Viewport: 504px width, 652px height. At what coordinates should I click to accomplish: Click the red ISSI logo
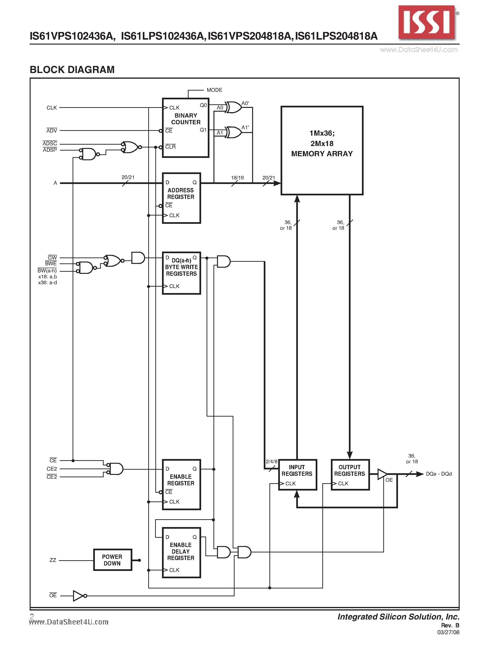click(427, 23)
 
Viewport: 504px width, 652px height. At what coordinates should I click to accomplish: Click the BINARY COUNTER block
click(185, 128)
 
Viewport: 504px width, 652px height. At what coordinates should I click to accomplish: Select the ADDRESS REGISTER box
click(181, 198)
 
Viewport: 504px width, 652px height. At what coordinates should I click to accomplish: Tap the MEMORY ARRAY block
click(322, 150)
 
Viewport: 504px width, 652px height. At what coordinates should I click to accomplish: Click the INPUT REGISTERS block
click(297, 474)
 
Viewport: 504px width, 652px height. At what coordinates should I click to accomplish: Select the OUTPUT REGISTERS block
click(350, 474)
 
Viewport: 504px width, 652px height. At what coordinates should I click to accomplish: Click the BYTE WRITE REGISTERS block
click(181, 273)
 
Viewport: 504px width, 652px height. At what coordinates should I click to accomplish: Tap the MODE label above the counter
click(214, 90)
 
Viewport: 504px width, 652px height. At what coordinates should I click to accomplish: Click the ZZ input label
click(53, 560)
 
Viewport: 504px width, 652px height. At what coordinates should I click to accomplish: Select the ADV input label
click(52, 130)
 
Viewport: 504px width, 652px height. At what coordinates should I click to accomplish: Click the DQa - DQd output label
click(439, 474)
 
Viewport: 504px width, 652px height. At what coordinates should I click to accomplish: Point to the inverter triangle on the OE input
click(79, 596)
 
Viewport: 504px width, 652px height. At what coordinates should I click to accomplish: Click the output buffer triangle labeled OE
click(382, 474)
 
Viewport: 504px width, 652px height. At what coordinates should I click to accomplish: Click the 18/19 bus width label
click(237, 178)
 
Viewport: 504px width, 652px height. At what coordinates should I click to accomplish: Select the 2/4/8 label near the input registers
click(271, 462)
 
